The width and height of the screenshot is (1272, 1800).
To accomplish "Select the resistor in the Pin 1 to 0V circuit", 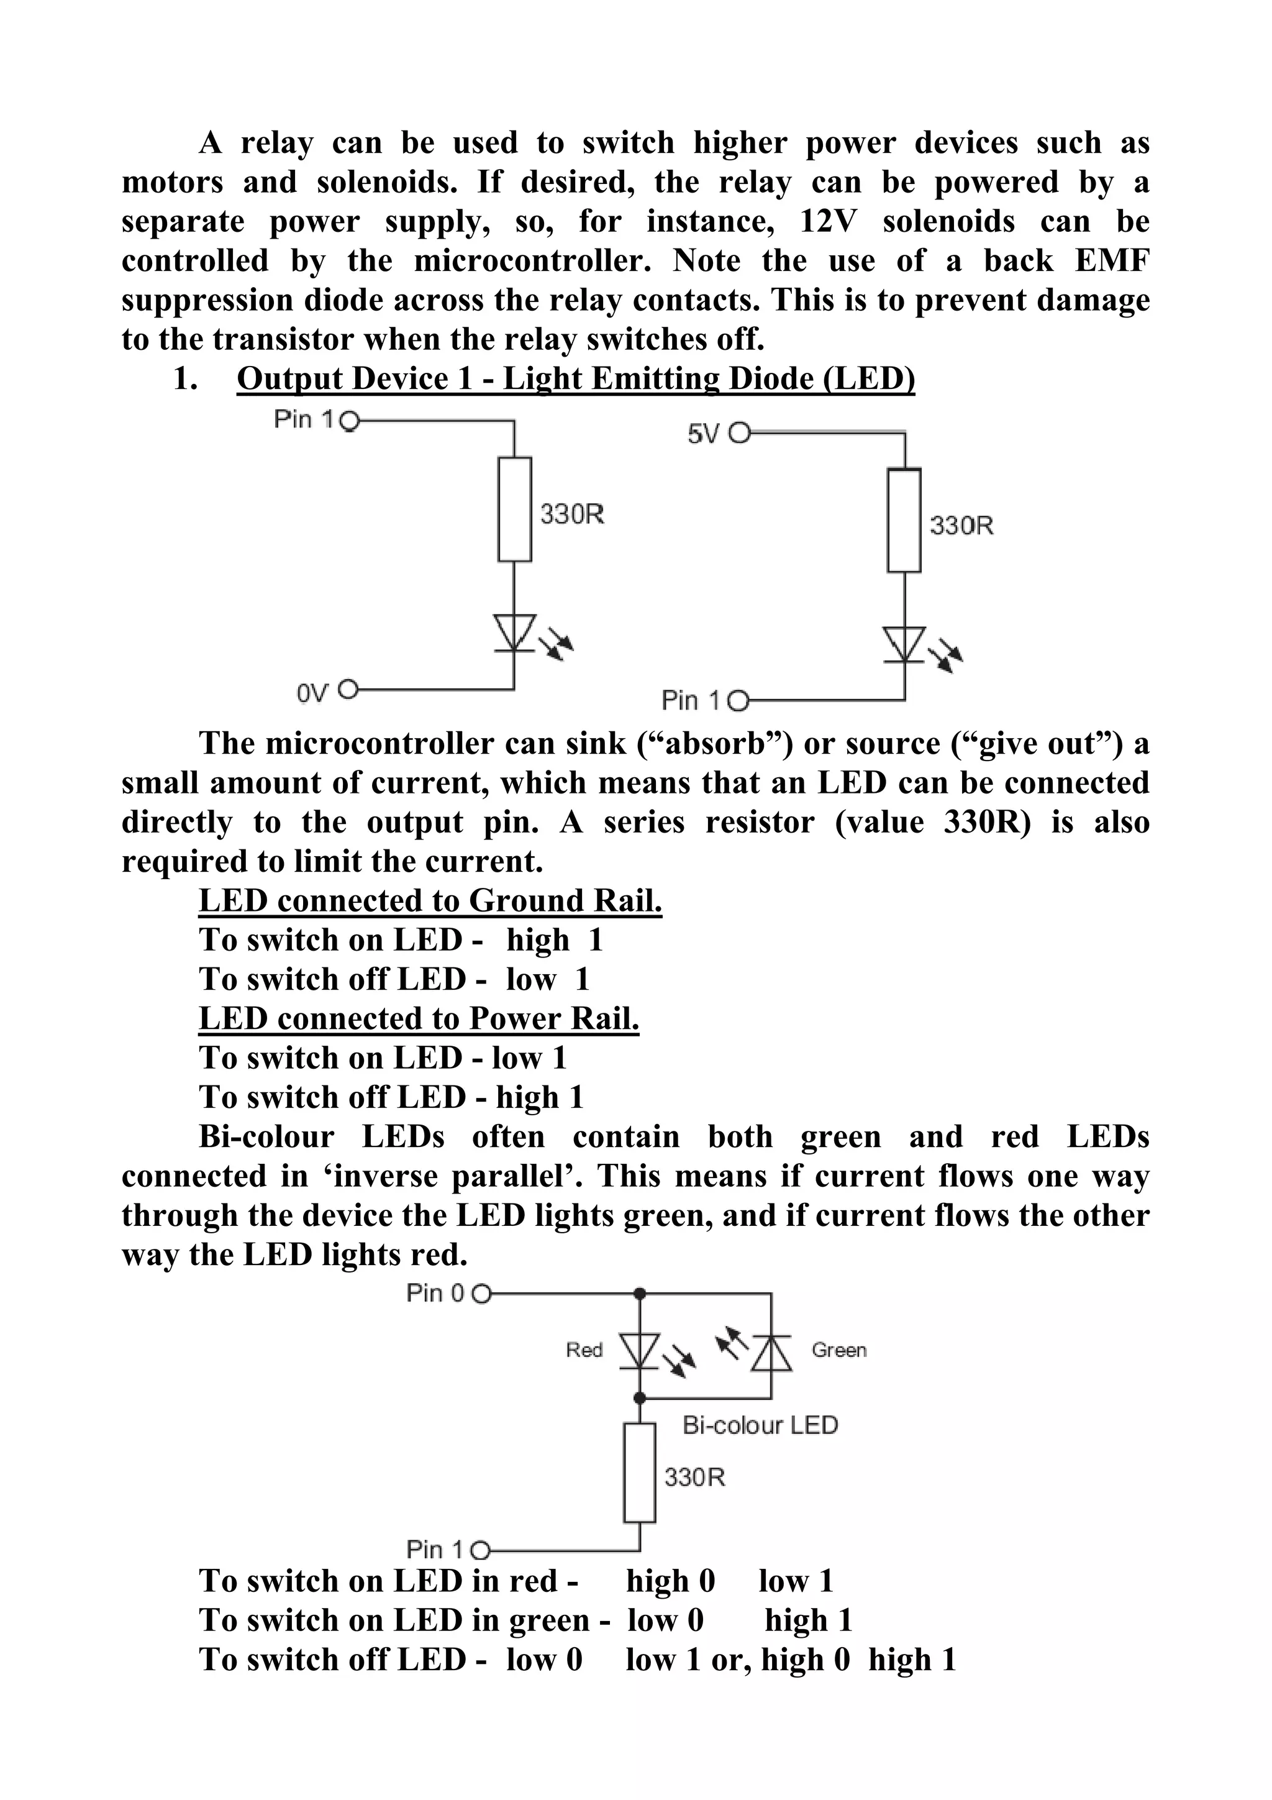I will [x=514, y=509].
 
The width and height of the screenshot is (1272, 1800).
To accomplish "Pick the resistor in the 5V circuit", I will [x=904, y=521].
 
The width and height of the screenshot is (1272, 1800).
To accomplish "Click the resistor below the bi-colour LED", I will [x=640, y=1473].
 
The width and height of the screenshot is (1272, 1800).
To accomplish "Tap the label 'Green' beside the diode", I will [x=838, y=1350].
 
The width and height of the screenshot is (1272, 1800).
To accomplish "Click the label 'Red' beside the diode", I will [x=584, y=1350].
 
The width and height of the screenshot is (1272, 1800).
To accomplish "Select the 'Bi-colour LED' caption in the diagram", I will [x=760, y=1425].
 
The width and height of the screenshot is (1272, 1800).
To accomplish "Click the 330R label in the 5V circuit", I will [x=961, y=525].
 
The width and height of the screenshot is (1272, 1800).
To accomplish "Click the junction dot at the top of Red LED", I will [x=640, y=1294].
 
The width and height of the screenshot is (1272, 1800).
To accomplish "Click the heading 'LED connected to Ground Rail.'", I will [x=430, y=901].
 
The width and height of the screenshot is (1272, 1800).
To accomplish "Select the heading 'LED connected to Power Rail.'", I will [x=419, y=1018].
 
